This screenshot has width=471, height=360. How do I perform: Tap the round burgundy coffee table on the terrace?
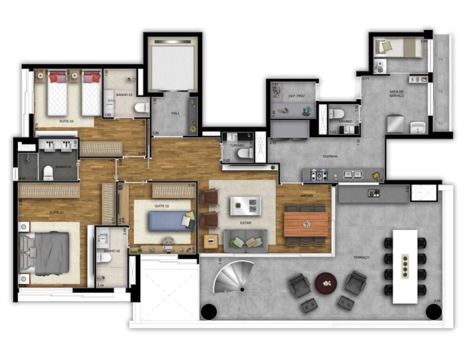click(326, 282)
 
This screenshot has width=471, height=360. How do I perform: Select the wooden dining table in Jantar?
click(306, 224)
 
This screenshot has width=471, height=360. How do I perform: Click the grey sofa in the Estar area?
click(245, 240)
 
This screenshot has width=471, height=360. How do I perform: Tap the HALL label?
click(176, 113)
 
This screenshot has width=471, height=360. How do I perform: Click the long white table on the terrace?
click(405, 266)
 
